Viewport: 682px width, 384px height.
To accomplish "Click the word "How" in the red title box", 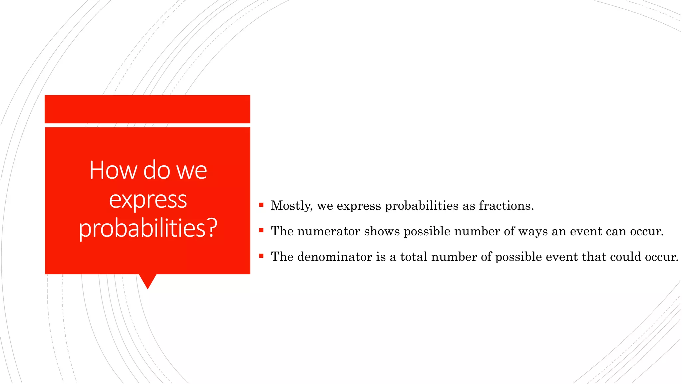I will tap(113, 170).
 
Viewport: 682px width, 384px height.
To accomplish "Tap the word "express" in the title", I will tap(148, 200).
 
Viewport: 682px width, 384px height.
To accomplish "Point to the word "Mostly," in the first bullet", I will tap(292, 206).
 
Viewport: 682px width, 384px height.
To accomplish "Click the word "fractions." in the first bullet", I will tap(506, 206).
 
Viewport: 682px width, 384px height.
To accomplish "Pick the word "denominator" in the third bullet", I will tap(335, 257).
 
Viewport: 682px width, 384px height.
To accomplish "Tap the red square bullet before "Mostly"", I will tap(261, 205).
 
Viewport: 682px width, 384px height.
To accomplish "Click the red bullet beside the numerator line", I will tap(261, 230).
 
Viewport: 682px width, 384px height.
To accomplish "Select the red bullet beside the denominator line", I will tap(261, 256).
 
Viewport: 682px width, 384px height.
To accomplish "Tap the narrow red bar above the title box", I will tap(147, 109).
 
